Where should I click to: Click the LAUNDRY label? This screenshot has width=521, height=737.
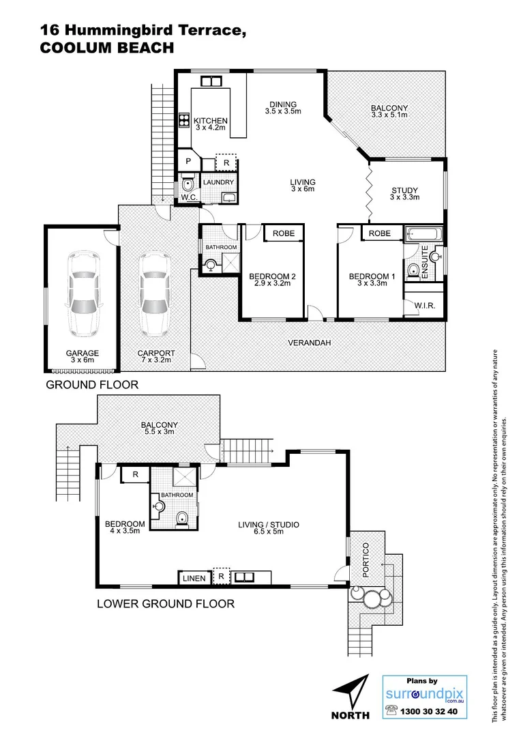click(x=218, y=182)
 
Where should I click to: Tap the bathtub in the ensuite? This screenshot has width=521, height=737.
click(x=423, y=235)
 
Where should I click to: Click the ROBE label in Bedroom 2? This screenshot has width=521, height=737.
click(x=284, y=233)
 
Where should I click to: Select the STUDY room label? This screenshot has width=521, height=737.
click(x=405, y=190)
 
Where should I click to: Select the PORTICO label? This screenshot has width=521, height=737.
click(x=366, y=560)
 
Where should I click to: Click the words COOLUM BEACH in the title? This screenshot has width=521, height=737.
click(x=107, y=48)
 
